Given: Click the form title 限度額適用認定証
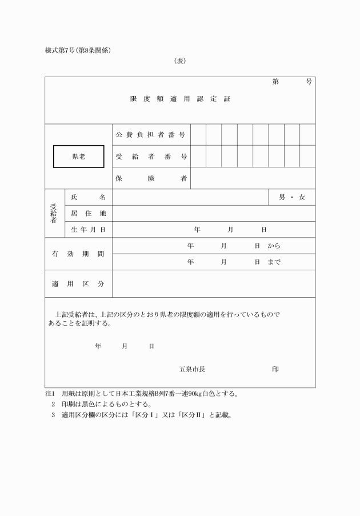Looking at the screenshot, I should [x=180, y=99].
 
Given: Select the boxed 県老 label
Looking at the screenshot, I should [x=79, y=157].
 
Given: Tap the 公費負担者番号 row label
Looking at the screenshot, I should [x=151, y=135].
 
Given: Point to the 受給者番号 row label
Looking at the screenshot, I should [x=151, y=157].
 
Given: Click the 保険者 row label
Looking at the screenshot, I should [x=151, y=178].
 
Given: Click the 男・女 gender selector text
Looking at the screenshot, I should [x=292, y=197].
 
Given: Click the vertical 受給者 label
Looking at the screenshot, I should [x=54, y=213].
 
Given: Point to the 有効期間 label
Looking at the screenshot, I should [x=78, y=253].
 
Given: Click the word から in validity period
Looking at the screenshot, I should [x=274, y=246].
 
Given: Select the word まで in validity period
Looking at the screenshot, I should [x=274, y=262].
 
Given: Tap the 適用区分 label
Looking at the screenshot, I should [x=78, y=283].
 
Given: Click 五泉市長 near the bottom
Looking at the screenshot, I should [x=192, y=370].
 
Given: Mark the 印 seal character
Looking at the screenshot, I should [x=275, y=370].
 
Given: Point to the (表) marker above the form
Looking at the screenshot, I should [x=180, y=61].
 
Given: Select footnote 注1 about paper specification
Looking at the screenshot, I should [x=142, y=394].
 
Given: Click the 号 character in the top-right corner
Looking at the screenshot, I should [x=309, y=82].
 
